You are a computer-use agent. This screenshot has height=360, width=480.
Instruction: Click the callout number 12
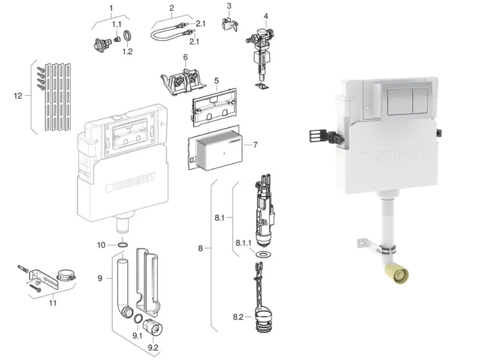[18, 96]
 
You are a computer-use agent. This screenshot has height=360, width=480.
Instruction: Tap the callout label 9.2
[153, 347]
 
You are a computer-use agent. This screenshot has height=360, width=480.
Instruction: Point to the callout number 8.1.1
[244, 243]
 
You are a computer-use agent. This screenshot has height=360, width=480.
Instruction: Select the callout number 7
[256, 145]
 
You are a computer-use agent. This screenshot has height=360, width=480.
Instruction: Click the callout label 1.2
[127, 52]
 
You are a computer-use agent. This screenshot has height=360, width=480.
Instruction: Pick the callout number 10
[101, 245]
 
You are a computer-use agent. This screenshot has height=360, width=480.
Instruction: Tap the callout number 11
[53, 303]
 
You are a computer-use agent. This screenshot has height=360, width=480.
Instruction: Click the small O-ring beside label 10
[123, 245]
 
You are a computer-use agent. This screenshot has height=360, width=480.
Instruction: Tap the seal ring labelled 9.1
[138, 319]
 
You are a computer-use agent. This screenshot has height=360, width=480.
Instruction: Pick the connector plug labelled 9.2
[152, 327]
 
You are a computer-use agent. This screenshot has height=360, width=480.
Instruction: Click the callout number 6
[185, 57]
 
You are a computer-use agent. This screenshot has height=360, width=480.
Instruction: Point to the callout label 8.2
[238, 317]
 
